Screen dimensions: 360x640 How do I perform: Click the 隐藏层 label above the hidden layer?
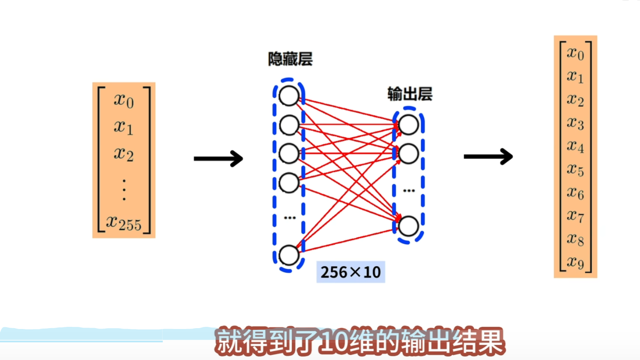point(290,59)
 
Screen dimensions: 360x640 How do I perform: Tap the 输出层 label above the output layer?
point(410,94)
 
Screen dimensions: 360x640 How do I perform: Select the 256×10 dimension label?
point(351,272)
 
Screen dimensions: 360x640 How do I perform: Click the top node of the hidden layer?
point(289,96)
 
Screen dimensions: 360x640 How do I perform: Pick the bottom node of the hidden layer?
point(289,255)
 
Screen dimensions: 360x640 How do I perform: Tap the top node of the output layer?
point(408,125)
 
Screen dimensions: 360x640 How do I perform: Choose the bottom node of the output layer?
point(408,226)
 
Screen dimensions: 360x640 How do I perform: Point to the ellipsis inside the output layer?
point(409,190)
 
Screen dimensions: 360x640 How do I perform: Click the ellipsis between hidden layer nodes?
point(289,218)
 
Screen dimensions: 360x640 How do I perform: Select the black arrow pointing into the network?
point(218,158)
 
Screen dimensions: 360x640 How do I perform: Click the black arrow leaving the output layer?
point(488,156)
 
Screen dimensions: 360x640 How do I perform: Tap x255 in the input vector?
point(124,223)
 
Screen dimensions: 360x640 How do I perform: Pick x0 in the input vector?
point(124,100)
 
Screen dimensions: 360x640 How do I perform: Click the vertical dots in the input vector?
point(124,189)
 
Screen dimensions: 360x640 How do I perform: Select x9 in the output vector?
point(575,262)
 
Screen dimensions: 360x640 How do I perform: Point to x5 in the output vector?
point(575,169)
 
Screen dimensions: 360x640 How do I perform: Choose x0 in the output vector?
point(575,53)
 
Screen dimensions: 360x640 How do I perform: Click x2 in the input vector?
point(124,154)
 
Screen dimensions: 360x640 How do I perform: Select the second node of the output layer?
point(408,154)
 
